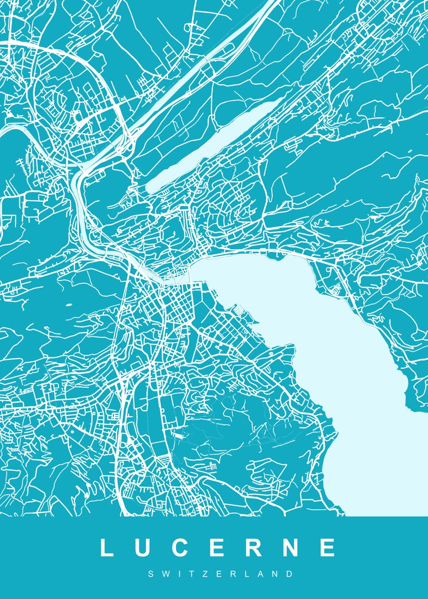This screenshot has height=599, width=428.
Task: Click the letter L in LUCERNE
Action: point(107,548)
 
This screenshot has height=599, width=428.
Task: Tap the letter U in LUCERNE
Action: point(143,548)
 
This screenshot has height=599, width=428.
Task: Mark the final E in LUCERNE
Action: point(328,548)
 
